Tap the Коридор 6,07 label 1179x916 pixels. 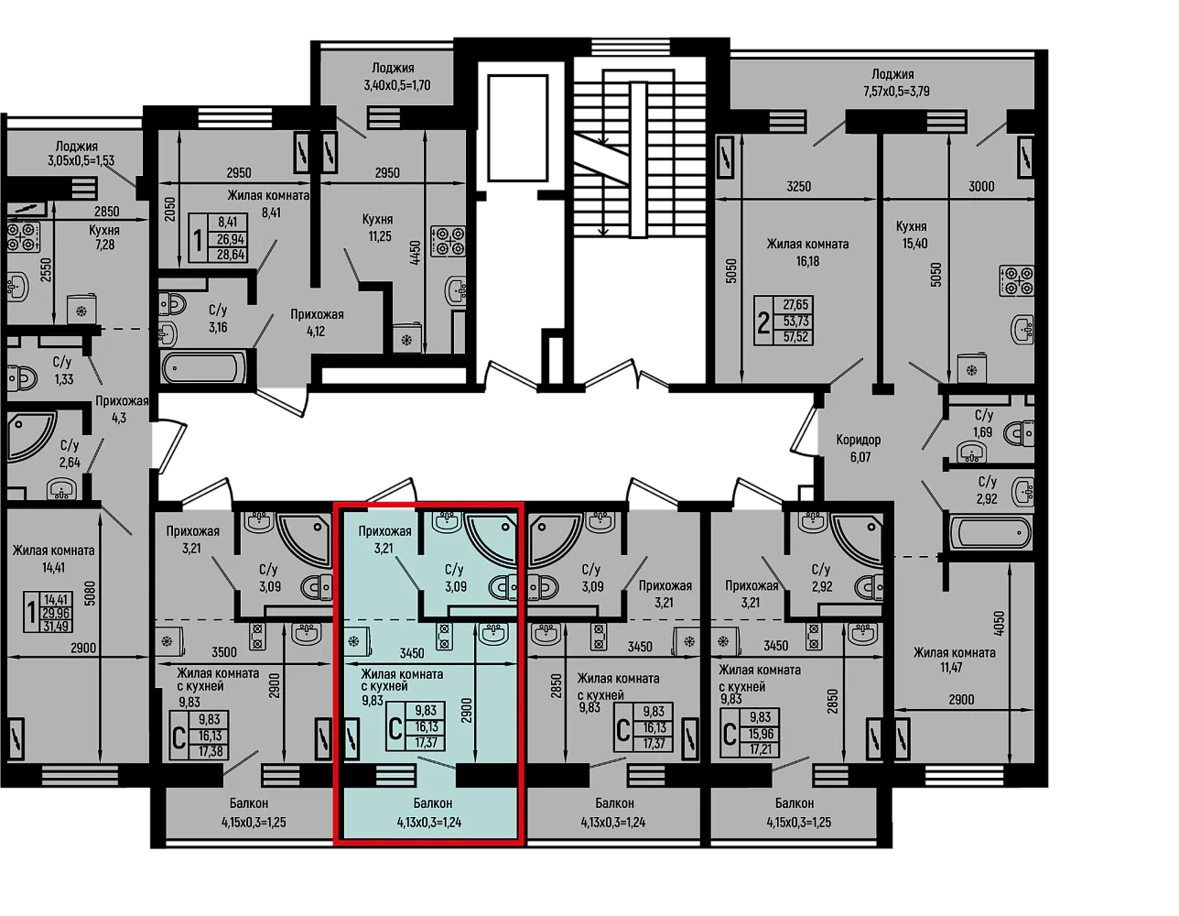pyautogui.click(x=859, y=448)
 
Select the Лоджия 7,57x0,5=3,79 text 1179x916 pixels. pyautogui.click(x=896, y=82)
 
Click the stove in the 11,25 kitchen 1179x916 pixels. pyautogui.click(x=449, y=241)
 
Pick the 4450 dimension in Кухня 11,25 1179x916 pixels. pyautogui.click(x=415, y=253)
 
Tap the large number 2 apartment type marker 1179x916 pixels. pyautogui.click(x=763, y=323)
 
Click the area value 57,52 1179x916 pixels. pyautogui.click(x=795, y=337)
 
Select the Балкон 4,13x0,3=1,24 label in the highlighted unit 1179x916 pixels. pyautogui.click(x=430, y=812)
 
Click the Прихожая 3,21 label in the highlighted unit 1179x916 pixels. pyautogui.click(x=384, y=540)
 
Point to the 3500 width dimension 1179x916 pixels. pyautogui.click(x=224, y=651)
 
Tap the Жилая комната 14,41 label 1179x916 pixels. pyautogui.click(x=53, y=559)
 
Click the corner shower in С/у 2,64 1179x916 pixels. pyautogui.click(x=31, y=434)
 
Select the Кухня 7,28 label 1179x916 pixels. pyautogui.click(x=104, y=237)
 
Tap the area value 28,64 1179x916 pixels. pyautogui.click(x=231, y=255)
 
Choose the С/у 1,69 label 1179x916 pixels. pyautogui.click(x=982, y=423)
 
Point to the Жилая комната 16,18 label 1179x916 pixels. pyautogui.click(x=807, y=253)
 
